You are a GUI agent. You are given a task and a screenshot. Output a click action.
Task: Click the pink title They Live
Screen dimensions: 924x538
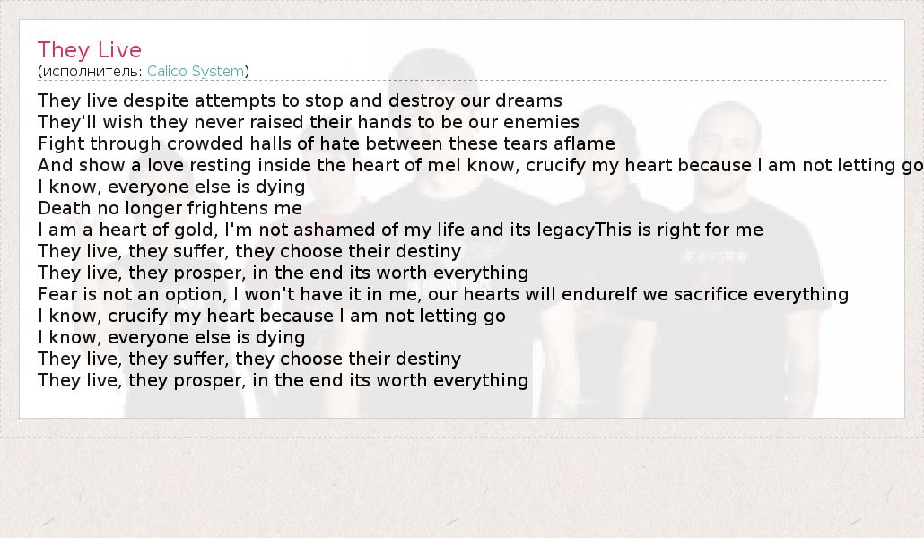click(x=90, y=51)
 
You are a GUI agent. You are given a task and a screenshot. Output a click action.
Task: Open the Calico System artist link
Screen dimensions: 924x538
click(x=196, y=72)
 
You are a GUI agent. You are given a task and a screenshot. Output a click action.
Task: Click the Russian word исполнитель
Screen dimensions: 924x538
click(x=92, y=72)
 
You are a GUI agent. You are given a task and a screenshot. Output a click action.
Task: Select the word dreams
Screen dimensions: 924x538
click(x=528, y=100)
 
